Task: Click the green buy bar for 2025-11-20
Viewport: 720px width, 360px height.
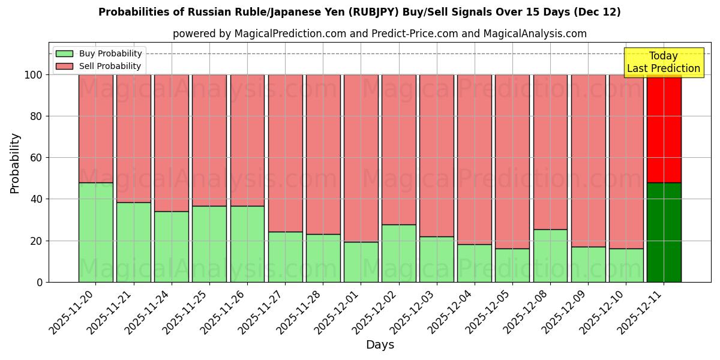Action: (95, 232)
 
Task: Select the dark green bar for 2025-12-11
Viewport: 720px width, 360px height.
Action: (664, 232)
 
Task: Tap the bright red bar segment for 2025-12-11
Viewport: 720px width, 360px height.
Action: (664, 128)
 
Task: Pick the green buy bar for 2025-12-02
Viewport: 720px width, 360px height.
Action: (398, 253)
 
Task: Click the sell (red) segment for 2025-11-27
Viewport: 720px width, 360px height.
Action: (285, 153)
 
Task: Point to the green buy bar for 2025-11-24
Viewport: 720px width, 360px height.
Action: (171, 247)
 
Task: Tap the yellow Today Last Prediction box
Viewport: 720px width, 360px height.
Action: (663, 62)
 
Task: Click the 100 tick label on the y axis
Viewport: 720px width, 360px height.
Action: (32, 75)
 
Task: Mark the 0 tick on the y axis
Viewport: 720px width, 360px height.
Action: (40, 282)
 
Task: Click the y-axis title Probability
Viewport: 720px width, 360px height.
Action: (15, 163)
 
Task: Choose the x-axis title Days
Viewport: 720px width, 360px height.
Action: (380, 345)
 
